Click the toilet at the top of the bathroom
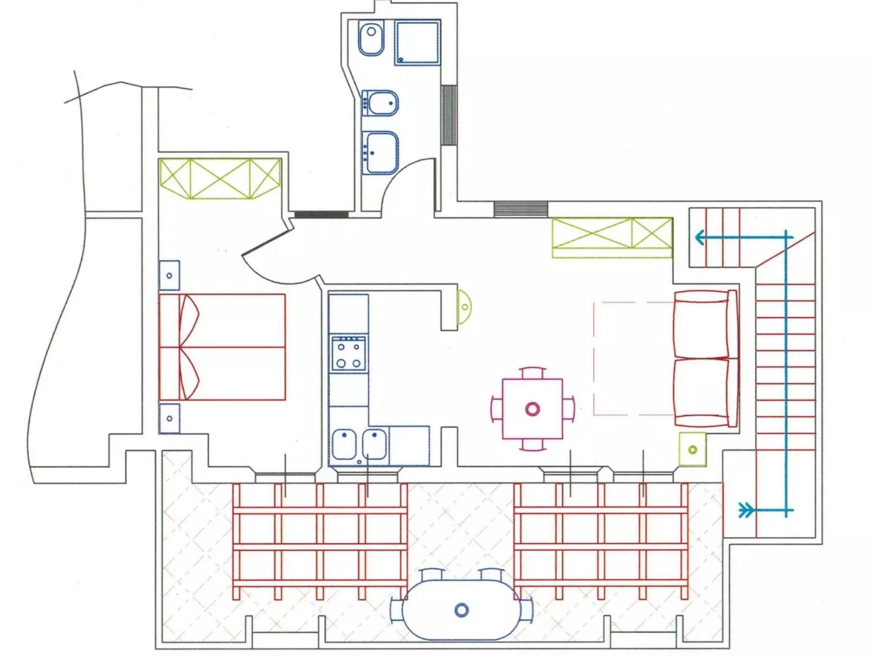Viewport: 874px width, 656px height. [x=371, y=38]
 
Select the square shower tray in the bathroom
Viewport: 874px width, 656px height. [x=417, y=42]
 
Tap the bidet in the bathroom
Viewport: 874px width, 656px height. [x=380, y=103]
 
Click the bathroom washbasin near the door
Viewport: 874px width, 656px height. [x=380, y=153]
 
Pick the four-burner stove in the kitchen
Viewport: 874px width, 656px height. [x=349, y=353]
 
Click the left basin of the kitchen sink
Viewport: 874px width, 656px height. [x=344, y=444]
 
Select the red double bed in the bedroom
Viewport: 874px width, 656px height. [x=222, y=347]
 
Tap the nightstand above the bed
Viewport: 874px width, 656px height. [x=169, y=275]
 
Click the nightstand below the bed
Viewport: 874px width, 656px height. [x=169, y=418]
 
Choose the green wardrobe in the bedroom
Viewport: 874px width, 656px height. [x=220, y=179]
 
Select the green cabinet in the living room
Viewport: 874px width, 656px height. [x=612, y=237]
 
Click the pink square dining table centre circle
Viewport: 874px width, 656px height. [x=532, y=409]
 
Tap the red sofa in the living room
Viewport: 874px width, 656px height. [x=705, y=358]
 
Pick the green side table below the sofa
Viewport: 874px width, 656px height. [x=692, y=450]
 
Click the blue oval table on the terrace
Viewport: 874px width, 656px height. [x=461, y=610]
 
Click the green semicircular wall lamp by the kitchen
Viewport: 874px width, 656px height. [x=464, y=307]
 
